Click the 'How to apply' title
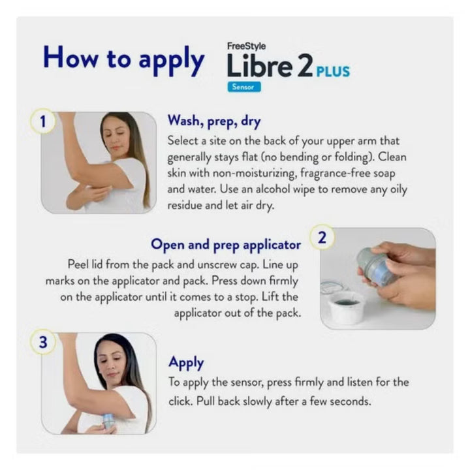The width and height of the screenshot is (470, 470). click(x=123, y=59)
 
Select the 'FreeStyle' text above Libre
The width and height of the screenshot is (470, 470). click(x=246, y=47)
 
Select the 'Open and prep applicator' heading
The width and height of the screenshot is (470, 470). click(x=226, y=244)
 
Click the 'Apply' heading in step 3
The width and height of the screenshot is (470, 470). click(x=186, y=362)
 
